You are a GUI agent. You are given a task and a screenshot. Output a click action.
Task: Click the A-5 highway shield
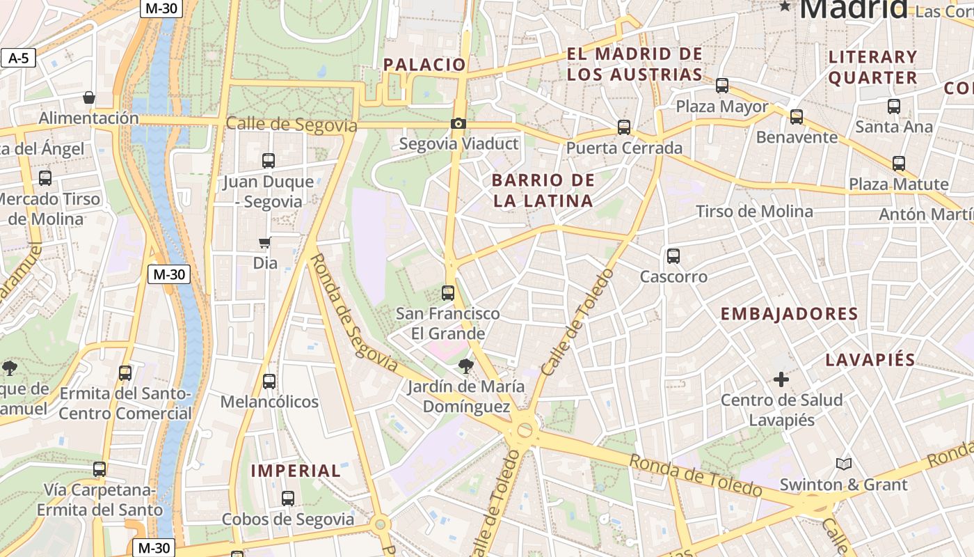[18, 58]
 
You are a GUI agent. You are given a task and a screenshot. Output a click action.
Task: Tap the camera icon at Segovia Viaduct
[458, 123]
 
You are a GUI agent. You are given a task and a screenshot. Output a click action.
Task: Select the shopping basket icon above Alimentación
[88, 97]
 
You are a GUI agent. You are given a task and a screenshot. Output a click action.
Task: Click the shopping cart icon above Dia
[264, 243]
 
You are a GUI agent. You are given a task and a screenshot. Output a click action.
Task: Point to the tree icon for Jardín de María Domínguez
[465, 366]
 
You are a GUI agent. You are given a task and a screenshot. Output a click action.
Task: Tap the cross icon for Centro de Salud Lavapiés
[781, 379]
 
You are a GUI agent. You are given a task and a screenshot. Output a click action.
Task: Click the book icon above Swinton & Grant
[843, 464]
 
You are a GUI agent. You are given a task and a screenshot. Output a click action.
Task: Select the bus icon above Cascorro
[673, 256]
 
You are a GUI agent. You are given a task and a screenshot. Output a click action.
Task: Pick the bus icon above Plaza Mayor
[722, 86]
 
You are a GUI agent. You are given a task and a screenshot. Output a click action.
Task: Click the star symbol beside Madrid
[785, 6]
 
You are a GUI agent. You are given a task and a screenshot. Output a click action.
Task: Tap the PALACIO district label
[424, 65]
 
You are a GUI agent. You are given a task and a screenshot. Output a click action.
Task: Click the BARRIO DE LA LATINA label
[543, 191]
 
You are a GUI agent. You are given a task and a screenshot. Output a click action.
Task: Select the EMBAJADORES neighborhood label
[789, 314]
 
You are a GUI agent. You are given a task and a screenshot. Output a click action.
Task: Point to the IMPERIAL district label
[296, 471]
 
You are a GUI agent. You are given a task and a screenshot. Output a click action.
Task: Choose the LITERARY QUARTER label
[872, 67]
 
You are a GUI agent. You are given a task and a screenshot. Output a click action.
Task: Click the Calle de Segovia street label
[291, 125]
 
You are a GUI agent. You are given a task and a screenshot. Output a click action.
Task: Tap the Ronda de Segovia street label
[353, 313]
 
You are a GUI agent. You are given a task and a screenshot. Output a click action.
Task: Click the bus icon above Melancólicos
[269, 382]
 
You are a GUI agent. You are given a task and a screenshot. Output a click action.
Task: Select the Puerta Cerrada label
[624, 148]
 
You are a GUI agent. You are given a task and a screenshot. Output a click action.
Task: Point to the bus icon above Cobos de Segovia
[288, 499]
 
